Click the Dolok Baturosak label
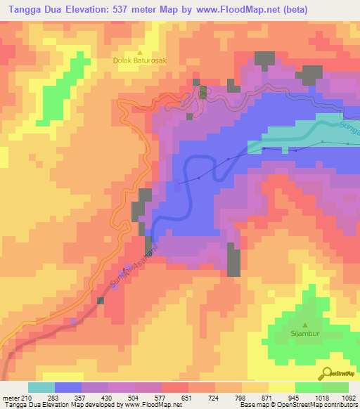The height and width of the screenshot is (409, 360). click(140, 60)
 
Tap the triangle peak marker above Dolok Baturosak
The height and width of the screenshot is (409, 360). click(140, 52)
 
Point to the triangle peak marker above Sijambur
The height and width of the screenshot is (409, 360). click(305, 325)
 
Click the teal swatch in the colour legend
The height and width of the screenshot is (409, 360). click(41, 387)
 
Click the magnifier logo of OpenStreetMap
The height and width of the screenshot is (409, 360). click(326, 372)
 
